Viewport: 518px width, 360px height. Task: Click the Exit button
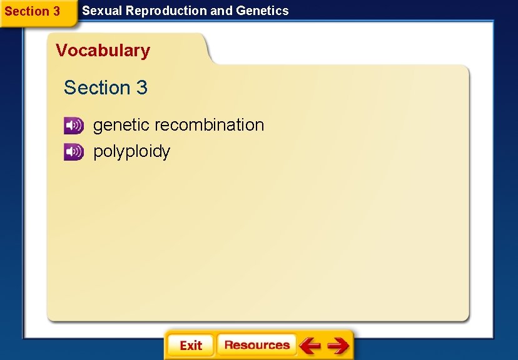click(x=190, y=346)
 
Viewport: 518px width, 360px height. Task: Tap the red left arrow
click(x=310, y=346)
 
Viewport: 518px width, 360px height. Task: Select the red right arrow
click(x=338, y=346)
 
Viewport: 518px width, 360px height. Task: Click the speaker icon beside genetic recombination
click(x=73, y=126)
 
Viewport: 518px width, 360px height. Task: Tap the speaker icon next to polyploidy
click(x=73, y=152)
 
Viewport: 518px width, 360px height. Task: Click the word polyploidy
click(x=131, y=152)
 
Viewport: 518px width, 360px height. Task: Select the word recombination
click(x=210, y=125)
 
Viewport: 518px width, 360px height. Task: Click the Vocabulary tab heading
click(x=103, y=51)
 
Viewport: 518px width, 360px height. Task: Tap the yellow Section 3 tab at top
click(x=33, y=12)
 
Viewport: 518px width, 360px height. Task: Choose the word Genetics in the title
click(x=262, y=11)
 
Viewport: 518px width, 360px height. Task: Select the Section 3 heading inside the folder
click(x=105, y=88)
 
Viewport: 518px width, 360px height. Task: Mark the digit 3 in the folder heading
click(x=141, y=88)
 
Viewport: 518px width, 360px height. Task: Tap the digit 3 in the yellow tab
click(x=56, y=12)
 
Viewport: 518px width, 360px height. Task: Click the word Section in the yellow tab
click(x=26, y=12)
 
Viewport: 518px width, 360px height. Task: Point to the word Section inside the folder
click(x=97, y=88)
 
